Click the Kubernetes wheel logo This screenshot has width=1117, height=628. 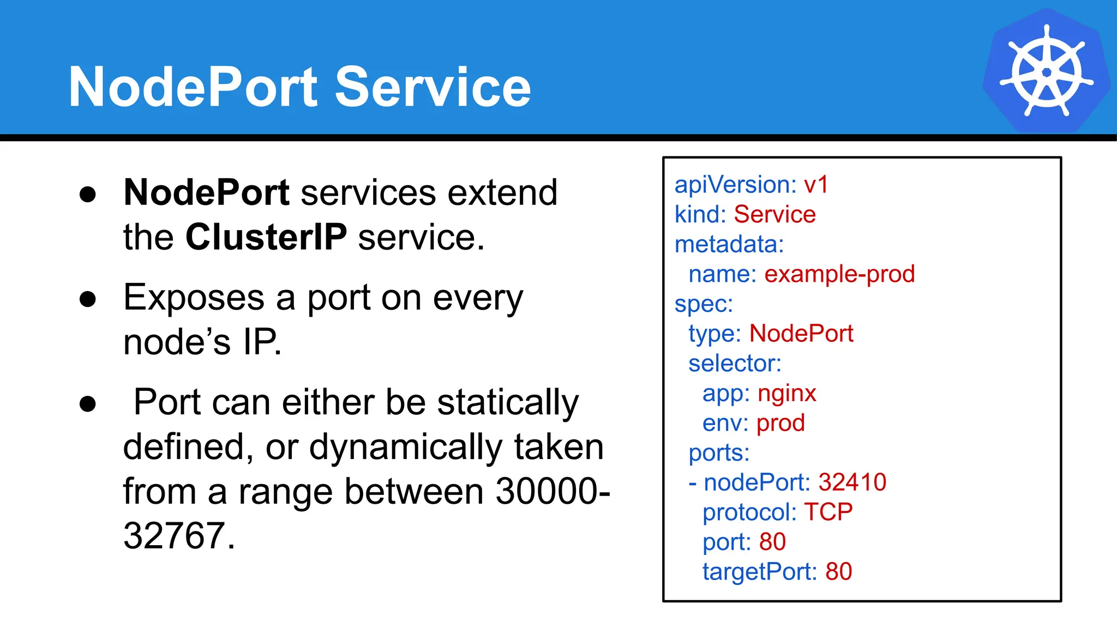point(1046,71)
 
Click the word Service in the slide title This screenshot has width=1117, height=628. point(433,87)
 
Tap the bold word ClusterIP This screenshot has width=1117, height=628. point(266,237)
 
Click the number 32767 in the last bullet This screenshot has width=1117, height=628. point(174,535)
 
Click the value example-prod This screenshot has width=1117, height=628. point(839,274)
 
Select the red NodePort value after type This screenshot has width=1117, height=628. point(801,333)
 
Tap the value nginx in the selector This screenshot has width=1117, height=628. point(786,392)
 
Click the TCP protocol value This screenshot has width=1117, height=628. point(828,512)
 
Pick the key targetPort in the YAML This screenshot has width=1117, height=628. point(759,572)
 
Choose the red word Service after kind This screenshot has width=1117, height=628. point(774,214)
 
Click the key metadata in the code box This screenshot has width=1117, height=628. point(728,244)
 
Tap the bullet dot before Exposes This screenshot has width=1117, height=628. point(88,299)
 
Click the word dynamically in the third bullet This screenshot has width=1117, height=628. point(405,447)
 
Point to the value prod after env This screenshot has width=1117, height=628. point(780,422)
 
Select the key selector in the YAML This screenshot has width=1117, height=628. point(734,363)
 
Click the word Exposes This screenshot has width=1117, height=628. point(194,298)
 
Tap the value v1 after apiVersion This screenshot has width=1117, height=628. point(816,185)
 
